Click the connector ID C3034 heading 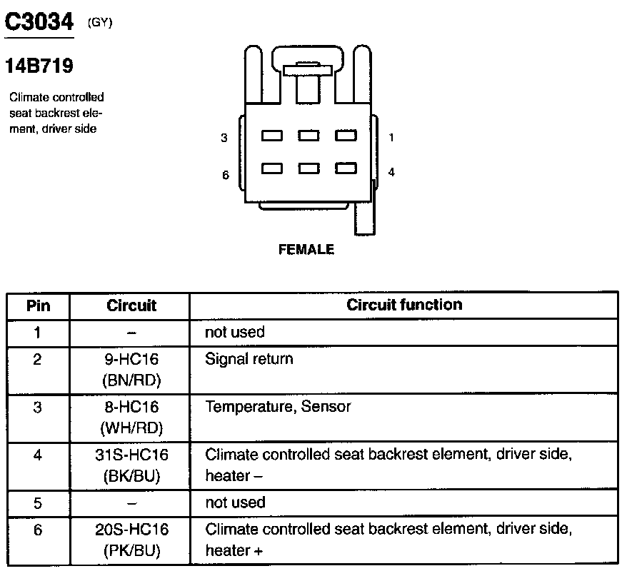[39, 22]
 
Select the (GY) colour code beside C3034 [100, 23]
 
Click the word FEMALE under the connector [306, 250]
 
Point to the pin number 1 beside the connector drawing [391, 137]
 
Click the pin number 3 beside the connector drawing [224, 138]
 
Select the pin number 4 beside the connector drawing [391, 171]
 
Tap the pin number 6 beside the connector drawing [225, 175]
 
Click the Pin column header [39, 305]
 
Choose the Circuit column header [131, 305]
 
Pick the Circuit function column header [404, 305]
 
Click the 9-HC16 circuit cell [131, 358]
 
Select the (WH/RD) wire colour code [131, 428]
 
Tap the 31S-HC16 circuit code [131, 455]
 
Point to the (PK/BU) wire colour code [131, 551]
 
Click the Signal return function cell [249, 358]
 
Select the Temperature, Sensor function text [278, 407]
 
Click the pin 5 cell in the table [39, 502]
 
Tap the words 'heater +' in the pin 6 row [229, 551]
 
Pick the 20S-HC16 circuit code [131, 530]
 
